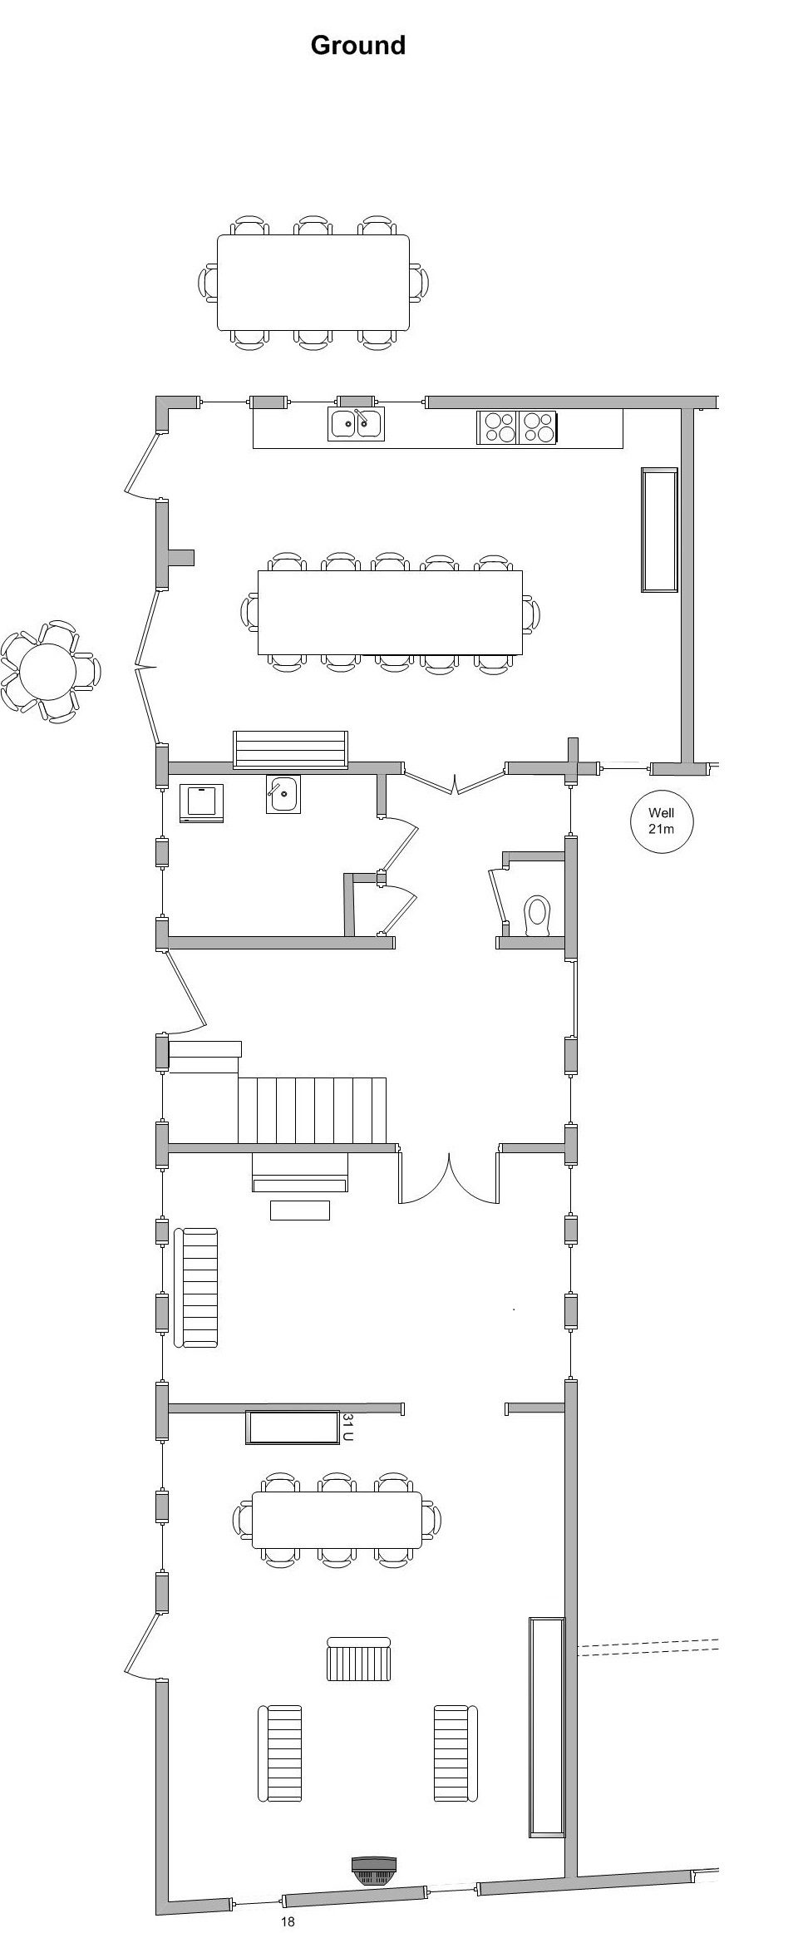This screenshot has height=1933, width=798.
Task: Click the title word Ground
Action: pyautogui.click(x=357, y=45)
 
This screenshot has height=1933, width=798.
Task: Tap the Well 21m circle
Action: pyautogui.click(x=661, y=821)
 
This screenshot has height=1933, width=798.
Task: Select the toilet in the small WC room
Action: pyautogui.click(x=538, y=915)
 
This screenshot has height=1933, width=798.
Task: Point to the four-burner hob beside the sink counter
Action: pyautogui.click(x=516, y=427)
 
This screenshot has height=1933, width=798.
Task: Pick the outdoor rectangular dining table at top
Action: pyautogui.click(x=313, y=282)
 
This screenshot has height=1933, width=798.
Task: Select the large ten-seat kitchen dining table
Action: pyautogui.click(x=390, y=613)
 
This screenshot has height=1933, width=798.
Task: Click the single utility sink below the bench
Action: pyautogui.click(x=283, y=794)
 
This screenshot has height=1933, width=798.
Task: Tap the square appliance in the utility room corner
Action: pyautogui.click(x=202, y=803)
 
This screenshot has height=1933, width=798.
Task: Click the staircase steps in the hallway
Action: pyautogui.click(x=312, y=1111)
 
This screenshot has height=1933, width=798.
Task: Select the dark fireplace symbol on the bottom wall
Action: pyautogui.click(x=374, y=1847)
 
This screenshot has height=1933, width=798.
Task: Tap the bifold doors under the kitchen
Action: pyautogui.click(x=455, y=780)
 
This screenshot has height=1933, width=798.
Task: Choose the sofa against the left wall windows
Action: pyautogui.click(x=196, y=1287)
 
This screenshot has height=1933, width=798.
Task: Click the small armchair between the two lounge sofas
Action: pyautogui.click(x=359, y=1659)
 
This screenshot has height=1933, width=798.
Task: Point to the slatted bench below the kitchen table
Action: pyautogui.click(x=290, y=750)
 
